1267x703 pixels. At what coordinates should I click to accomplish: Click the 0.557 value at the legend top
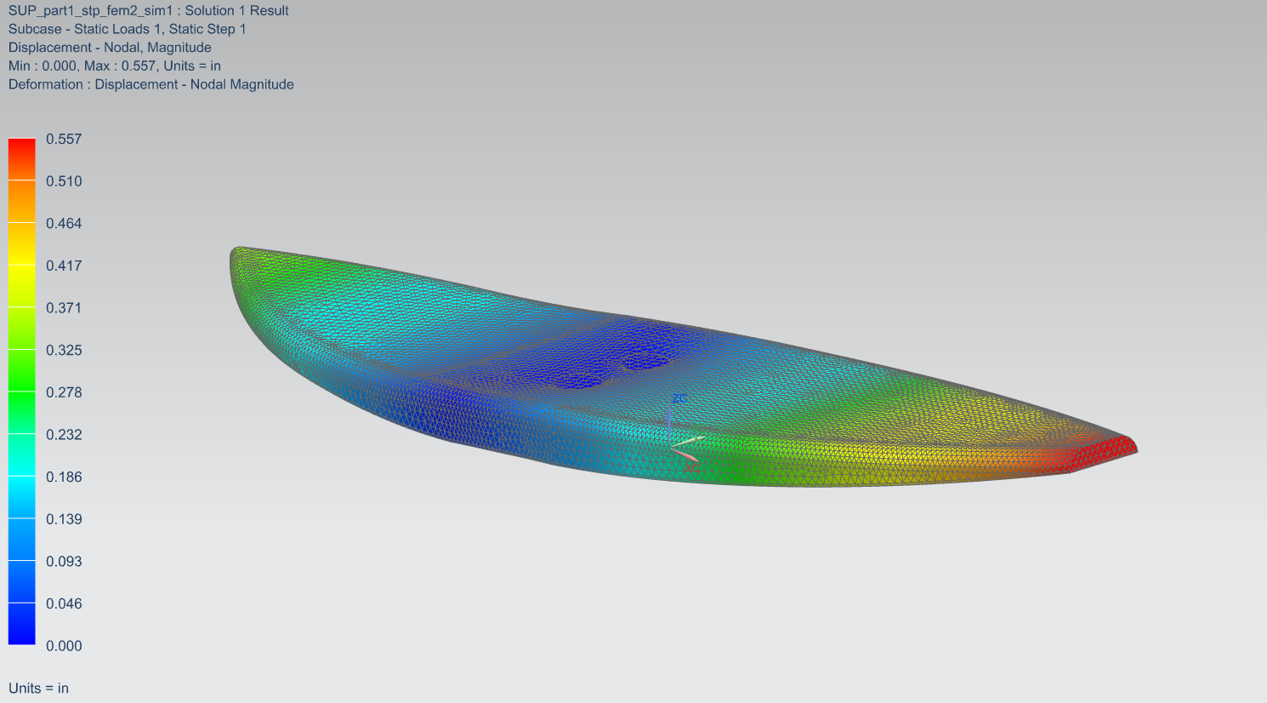click(x=64, y=140)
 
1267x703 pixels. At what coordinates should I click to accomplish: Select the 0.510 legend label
click(x=64, y=181)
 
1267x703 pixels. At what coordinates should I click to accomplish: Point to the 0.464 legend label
click(x=64, y=224)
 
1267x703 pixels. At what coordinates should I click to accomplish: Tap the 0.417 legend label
click(x=64, y=266)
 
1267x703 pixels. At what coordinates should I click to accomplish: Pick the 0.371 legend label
click(x=64, y=308)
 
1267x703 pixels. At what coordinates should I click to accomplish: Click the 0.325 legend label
click(x=64, y=351)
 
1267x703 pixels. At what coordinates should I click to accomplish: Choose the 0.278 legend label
click(x=64, y=393)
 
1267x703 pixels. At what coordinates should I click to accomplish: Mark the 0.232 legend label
click(x=64, y=435)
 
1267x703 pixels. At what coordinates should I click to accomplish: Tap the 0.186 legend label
click(x=64, y=477)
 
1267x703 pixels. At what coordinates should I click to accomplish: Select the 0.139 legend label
click(x=64, y=520)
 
